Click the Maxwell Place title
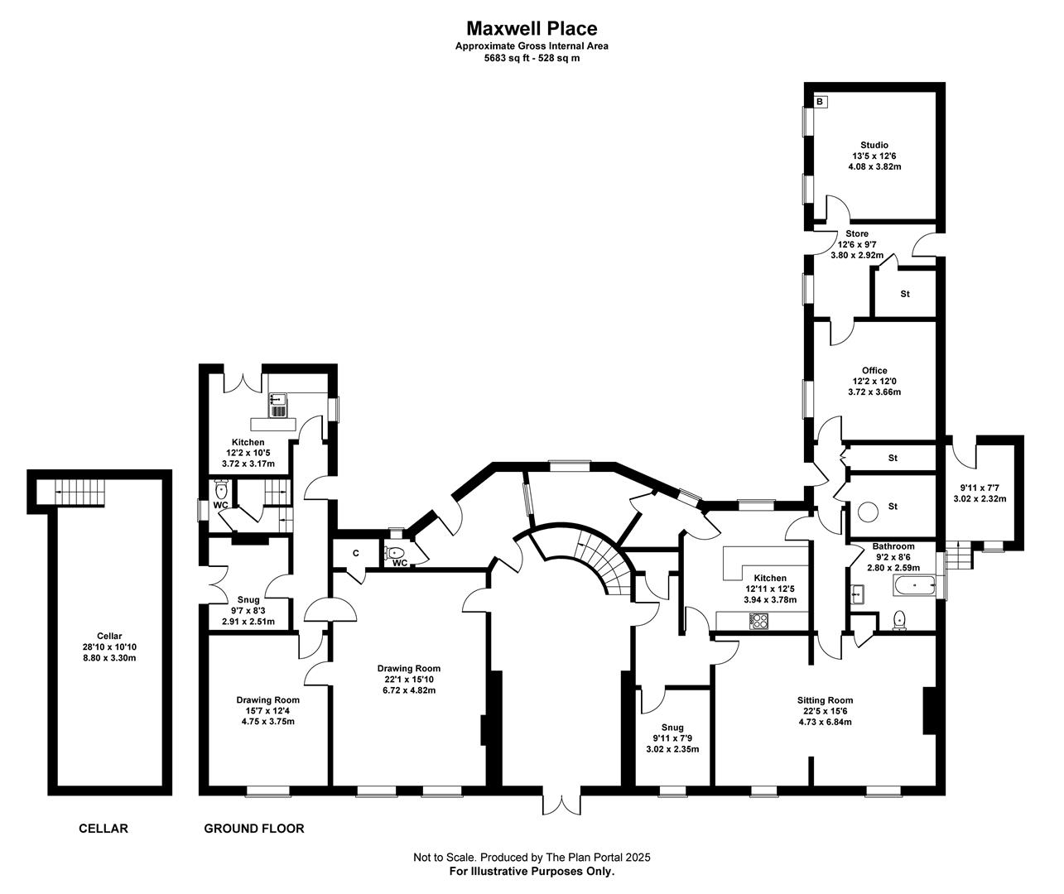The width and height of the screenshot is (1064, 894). click(x=532, y=28)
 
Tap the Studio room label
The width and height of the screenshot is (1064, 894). click(x=874, y=145)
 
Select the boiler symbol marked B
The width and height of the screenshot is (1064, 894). click(x=820, y=102)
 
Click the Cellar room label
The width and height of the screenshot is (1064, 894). click(x=109, y=636)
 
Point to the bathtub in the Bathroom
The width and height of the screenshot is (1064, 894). click(x=915, y=585)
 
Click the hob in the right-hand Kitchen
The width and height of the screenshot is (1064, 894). click(x=758, y=621)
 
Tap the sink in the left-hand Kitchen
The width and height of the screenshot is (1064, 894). click(x=278, y=405)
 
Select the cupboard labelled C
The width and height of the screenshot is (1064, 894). click(x=356, y=553)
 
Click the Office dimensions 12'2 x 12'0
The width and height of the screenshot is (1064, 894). click(x=874, y=381)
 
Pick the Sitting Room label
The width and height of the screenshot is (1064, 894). click(x=825, y=700)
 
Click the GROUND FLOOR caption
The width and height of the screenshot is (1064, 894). click(x=253, y=829)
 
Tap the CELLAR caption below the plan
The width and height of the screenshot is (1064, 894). click(x=104, y=829)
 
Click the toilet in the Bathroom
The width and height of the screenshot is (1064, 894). click(x=900, y=620)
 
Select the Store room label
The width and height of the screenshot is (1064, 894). click(x=857, y=233)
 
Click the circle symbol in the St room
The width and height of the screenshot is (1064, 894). click(x=868, y=511)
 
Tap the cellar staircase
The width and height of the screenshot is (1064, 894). click(x=79, y=492)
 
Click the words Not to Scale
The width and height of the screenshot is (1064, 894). click(x=444, y=858)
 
